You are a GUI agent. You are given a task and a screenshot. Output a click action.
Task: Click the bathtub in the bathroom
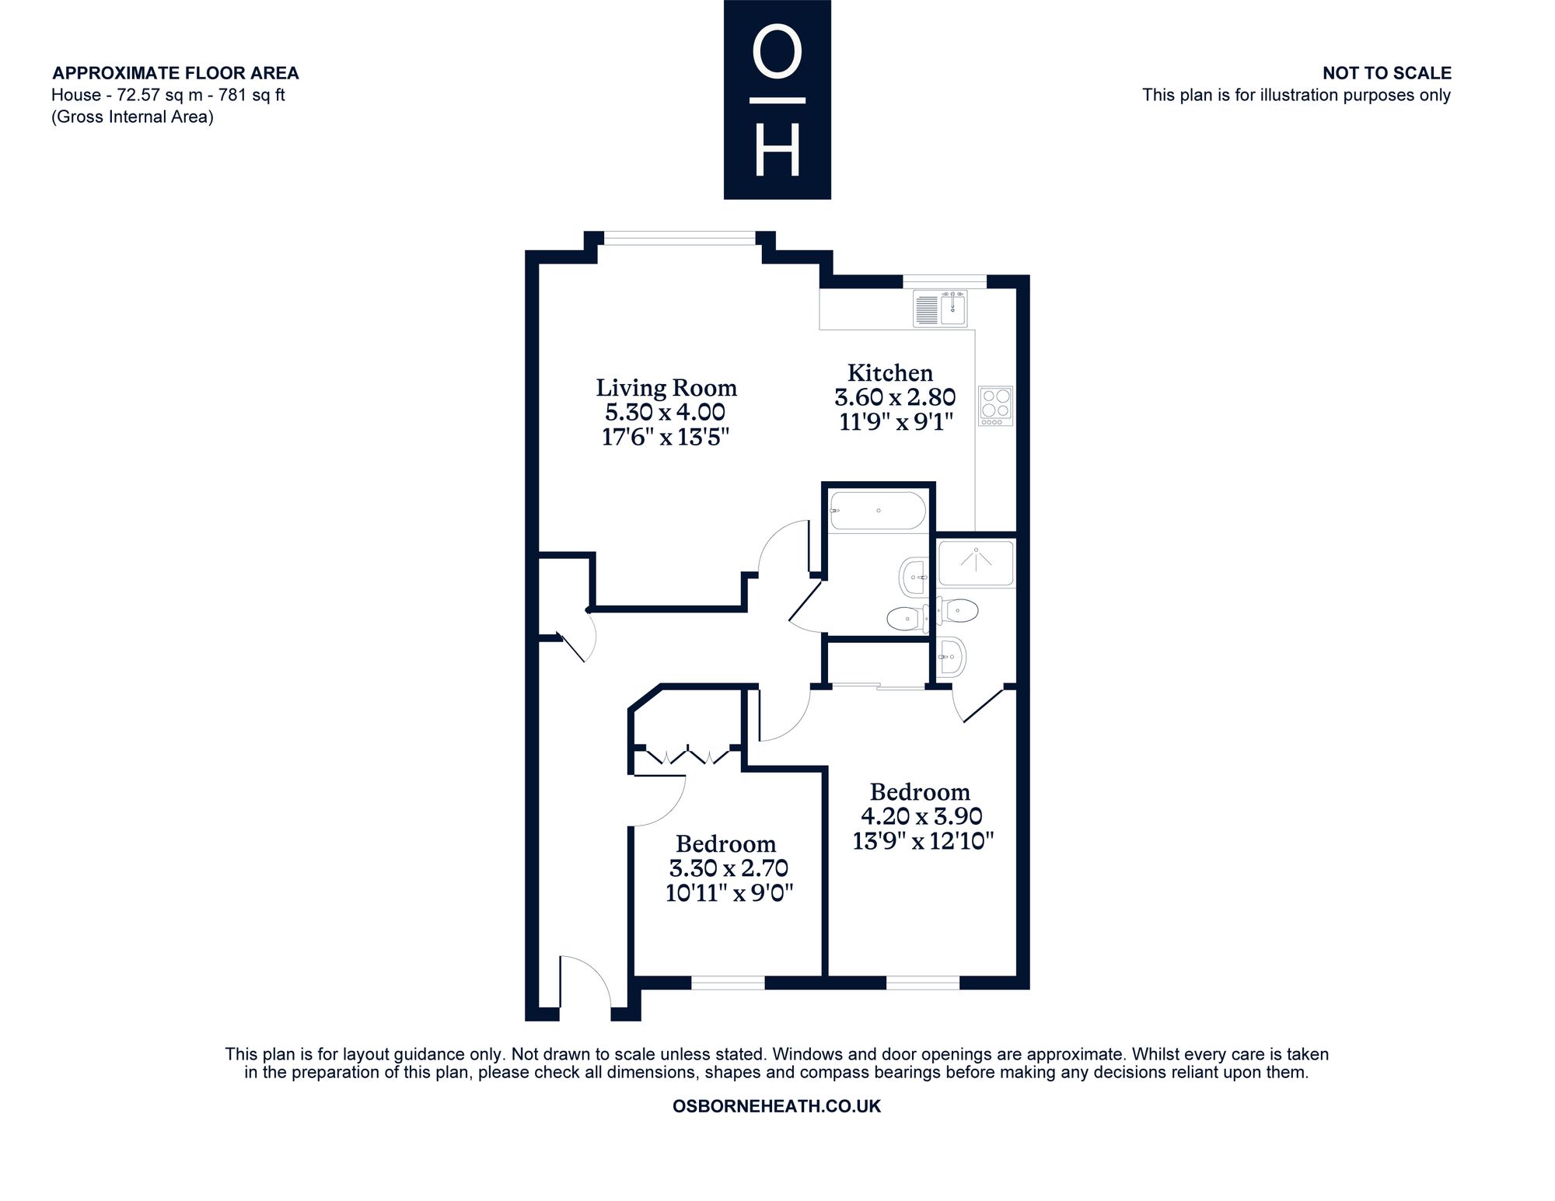pyautogui.click(x=878, y=511)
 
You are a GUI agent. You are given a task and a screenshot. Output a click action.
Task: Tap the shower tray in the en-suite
pyautogui.click(x=977, y=563)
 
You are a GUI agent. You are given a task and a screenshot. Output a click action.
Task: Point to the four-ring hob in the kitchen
pyautogui.click(x=995, y=406)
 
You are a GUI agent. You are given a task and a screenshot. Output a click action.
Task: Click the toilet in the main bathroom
pyautogui.click(x=906, y=618)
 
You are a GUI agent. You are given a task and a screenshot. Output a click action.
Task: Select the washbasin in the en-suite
pyautogui.click(x=951, y=658)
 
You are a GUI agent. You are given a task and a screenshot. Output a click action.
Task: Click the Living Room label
pyautogui.click(x=666, y=388)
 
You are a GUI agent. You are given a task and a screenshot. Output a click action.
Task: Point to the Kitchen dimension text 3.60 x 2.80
pyautogui.click(x=895, y=397)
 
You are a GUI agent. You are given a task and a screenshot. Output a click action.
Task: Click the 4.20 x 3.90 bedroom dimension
pyautogui.click(x=922, y=816)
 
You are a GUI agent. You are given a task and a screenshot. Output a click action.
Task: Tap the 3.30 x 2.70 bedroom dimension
pyautogui.click(x=729, y=868)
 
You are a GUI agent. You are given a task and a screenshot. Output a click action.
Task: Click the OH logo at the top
pyautogui.click(x=777, y=100)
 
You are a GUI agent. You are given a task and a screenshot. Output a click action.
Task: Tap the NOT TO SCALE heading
pyautogui.click(x=1387, y=73)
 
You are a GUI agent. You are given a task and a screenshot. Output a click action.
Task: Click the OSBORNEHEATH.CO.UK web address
pyautogui.click(x=777, y=1106)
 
